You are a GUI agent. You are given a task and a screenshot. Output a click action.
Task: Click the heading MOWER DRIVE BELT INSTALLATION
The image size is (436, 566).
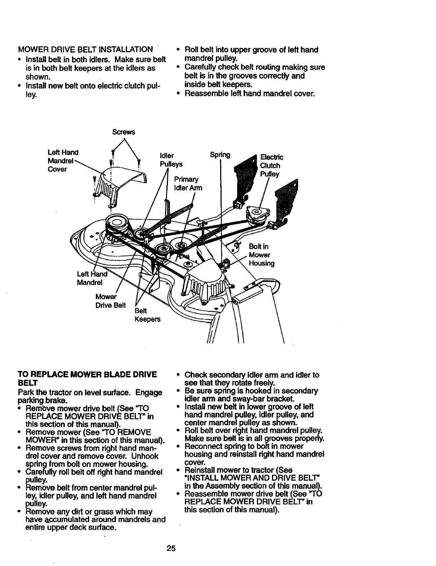85,49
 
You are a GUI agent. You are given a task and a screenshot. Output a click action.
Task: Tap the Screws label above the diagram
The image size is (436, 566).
123,132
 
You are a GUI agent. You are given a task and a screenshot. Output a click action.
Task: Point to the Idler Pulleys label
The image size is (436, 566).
171,160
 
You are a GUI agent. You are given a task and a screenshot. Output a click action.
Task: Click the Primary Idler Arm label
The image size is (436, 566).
188,184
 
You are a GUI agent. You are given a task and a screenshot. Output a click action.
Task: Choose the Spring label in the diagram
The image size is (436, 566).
220,155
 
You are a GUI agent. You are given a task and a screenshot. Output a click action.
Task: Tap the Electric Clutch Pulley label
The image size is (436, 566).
271,166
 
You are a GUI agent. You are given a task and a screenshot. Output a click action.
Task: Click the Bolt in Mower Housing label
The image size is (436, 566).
261,255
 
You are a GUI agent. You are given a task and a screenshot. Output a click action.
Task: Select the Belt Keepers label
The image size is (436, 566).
147,315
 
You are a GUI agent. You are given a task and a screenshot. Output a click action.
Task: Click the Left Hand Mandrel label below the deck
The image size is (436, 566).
92,278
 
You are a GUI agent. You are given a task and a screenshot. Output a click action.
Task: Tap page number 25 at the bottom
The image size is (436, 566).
171,548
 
